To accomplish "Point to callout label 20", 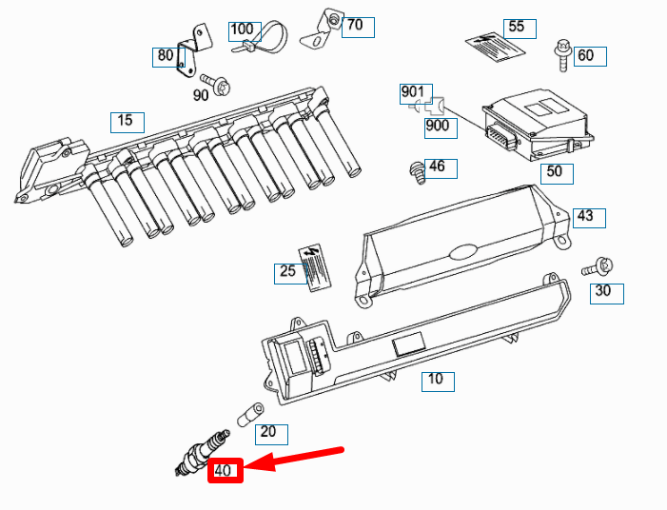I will (268, 433).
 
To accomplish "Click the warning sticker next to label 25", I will (316, 264).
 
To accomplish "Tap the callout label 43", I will (586, 217).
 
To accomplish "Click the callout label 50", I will (555, 172).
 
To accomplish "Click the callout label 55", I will (517, 27).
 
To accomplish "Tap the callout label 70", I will (355, 26).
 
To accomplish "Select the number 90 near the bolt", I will (201, 95).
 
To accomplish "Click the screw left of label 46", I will (416, 171).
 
